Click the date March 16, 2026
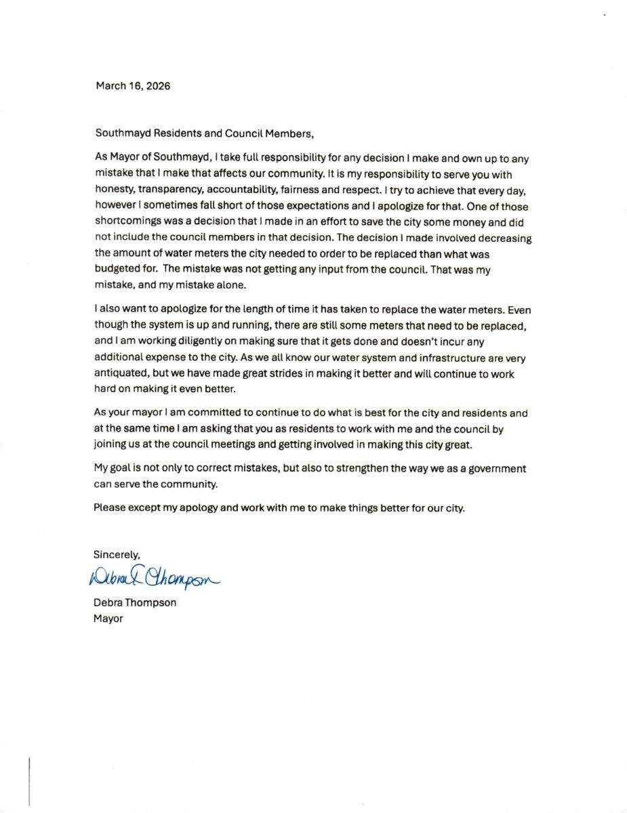(133, 86)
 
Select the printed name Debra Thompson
(135, 602)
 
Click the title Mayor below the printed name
(108, 619)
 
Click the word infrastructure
(408, 358)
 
